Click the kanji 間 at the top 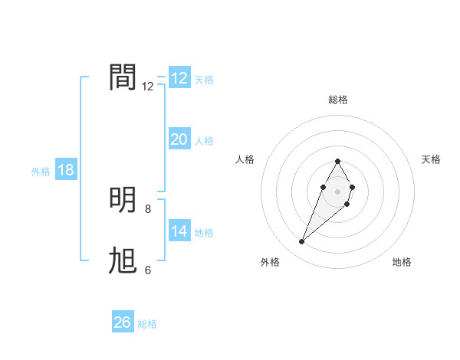pos(123,77)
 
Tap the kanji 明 pos(123,200)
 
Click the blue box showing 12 pos(179,78)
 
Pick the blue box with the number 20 pos(179,139)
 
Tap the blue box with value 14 pos(179,231)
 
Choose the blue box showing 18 pos(66,170)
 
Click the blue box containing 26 pos(123,322)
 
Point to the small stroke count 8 pos(148,208)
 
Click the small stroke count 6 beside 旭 pos(148,270)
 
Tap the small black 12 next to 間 pos(148,87)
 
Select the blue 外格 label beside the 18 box pos(41,172)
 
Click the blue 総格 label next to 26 pos(147,324)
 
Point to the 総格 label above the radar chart pos(337,100)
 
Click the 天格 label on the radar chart pos(431,159)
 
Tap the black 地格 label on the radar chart pos(402,262)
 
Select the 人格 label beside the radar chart pos(245,159)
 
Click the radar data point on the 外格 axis pos(302,241)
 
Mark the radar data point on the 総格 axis pos(337,161)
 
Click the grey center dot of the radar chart pos(337,190)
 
